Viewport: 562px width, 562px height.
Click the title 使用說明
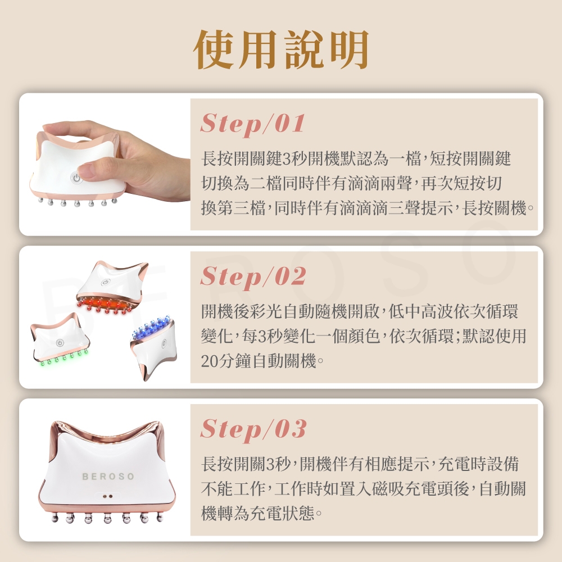281,49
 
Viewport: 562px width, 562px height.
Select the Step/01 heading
253,123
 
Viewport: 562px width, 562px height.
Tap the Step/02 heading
253,277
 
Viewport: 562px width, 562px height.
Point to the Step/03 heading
253,429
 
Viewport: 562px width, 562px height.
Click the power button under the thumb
76,178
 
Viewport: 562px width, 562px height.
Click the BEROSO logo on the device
108,477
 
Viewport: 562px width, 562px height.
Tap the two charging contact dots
108,496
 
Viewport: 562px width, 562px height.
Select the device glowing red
112,287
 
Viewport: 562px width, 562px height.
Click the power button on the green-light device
60,343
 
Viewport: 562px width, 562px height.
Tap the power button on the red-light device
105,282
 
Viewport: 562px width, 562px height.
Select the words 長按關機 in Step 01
495,208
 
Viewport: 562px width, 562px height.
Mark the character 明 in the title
350,49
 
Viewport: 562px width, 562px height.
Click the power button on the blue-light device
164,343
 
